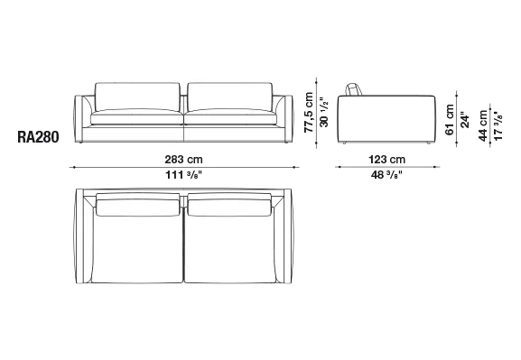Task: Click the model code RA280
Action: (38, 137)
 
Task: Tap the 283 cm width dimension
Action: (183, 160)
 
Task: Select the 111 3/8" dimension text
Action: (183, 175)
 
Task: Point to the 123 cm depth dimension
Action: (387, 160)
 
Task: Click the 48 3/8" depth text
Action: (386, 175)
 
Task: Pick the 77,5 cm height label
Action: (309, 113)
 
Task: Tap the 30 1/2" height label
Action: (324, 112)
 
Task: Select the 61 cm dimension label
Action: (450, 120)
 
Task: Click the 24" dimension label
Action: (465, 120)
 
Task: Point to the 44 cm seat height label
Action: (483, 125)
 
